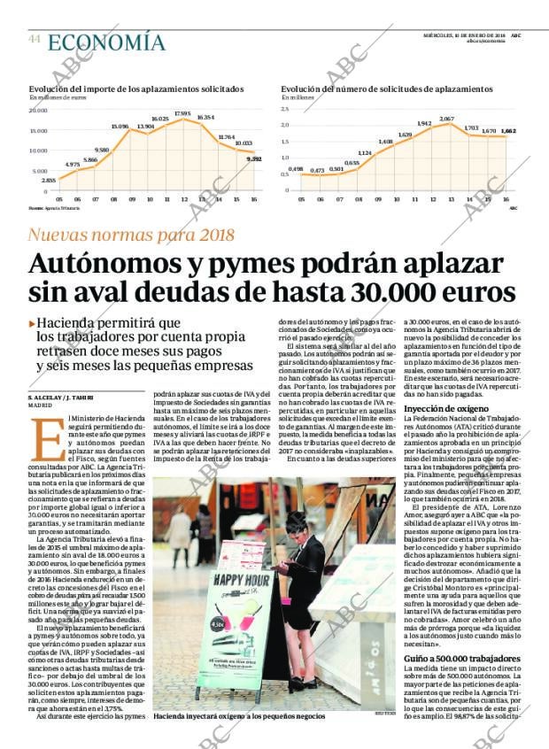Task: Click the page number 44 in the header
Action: point(35,40)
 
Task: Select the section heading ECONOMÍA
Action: point(105,42)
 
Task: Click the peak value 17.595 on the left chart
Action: point(182,114)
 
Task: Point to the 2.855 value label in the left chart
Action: point(49,180)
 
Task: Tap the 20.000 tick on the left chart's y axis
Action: point(38,111)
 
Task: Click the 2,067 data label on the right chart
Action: point(446,119)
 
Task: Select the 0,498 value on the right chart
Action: point(297,169)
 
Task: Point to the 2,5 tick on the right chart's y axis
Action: point(286,110)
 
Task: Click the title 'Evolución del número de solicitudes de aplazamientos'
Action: point(386,89)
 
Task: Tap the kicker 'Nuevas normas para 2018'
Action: point(131,235)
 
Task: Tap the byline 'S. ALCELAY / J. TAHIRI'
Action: point(66,398)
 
